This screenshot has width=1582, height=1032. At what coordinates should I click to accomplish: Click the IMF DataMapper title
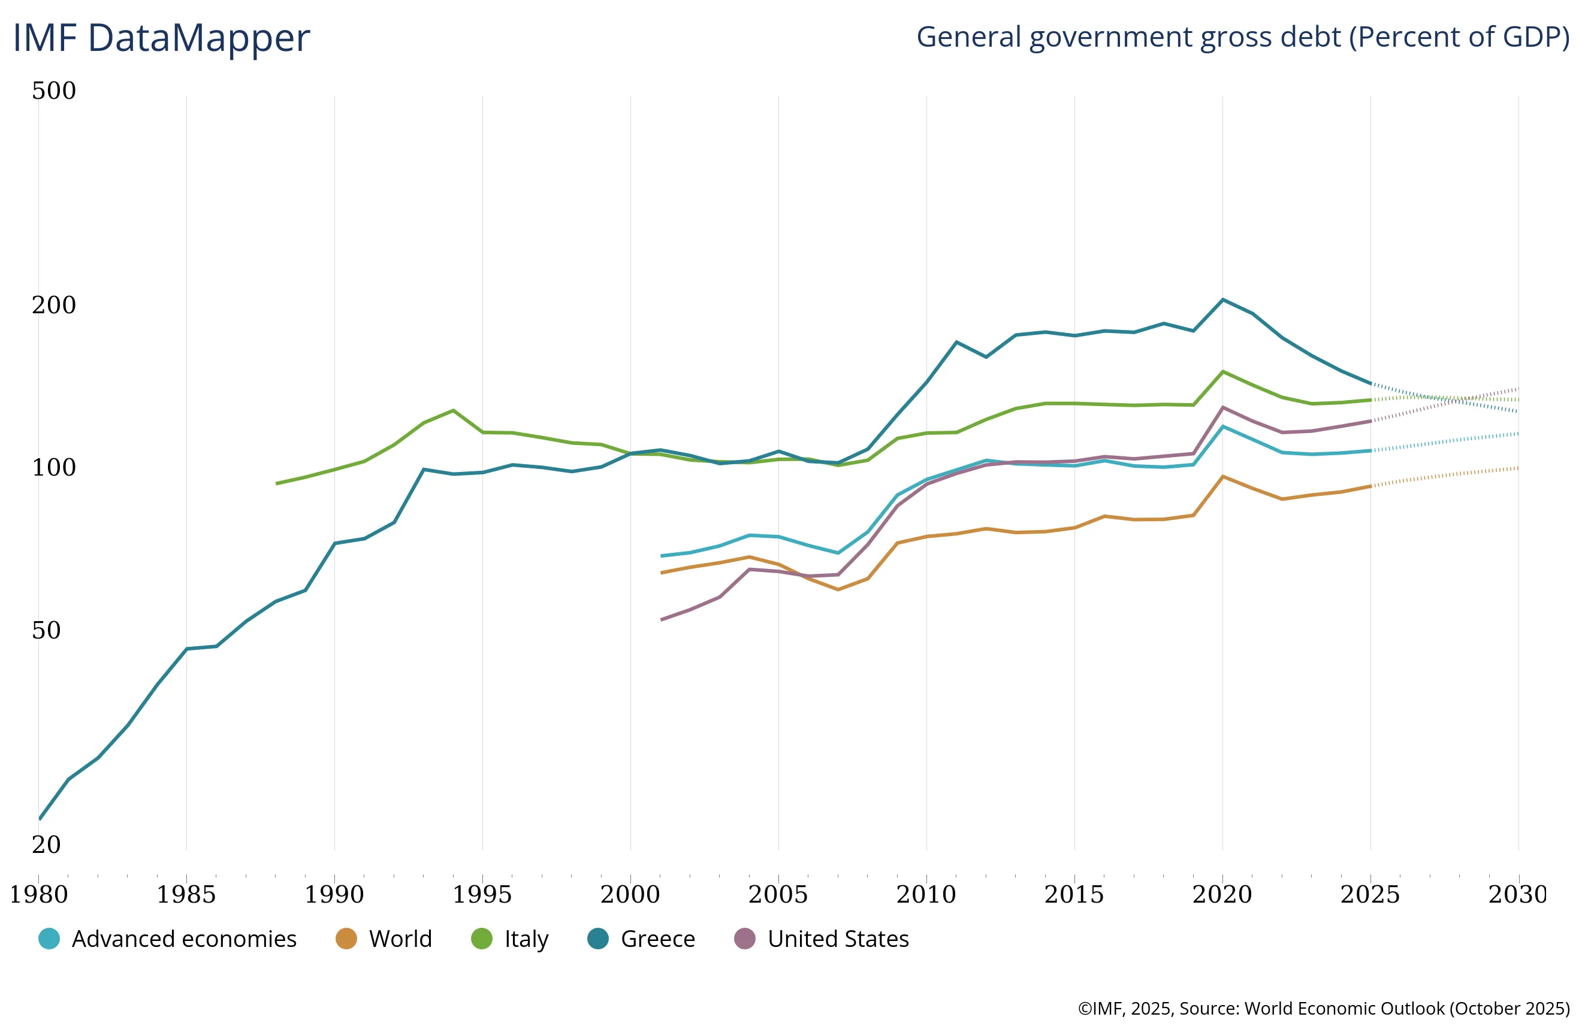click(162, 38)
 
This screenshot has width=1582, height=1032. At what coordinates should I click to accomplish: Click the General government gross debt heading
click(1243, 37)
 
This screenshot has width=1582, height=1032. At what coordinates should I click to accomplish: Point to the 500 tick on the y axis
click(54, 90)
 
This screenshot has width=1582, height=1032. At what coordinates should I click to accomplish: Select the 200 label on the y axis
click(54, 304)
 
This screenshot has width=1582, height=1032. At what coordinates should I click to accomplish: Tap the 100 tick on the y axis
click(54, 467)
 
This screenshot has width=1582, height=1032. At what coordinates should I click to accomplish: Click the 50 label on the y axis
click(47, 630)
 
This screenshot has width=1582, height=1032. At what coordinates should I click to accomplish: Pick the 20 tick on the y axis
click(47, 844)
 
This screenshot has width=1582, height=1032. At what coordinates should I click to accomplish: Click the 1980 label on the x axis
click(38, 894)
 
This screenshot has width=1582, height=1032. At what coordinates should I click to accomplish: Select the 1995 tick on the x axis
click(482, 894)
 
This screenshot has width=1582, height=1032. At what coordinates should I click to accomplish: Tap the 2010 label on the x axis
click(926, 894)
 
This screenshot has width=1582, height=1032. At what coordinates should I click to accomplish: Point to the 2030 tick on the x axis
click(1518, 894)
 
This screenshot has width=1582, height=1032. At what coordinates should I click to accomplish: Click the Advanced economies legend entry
click(168, 939)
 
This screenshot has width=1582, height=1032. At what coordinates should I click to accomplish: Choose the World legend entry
click(384, 939)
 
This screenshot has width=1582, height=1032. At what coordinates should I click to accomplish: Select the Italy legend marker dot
click(482, 939)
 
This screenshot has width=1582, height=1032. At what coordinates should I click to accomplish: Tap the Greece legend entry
click(641, 939)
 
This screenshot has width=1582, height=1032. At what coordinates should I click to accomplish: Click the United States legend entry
click(822, 939)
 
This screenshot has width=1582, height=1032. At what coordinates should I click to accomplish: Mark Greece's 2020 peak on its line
click(1223, 299)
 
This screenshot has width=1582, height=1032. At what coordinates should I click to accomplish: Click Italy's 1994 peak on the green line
click(454, 410)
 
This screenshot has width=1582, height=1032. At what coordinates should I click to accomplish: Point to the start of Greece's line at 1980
click(40, 819)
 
